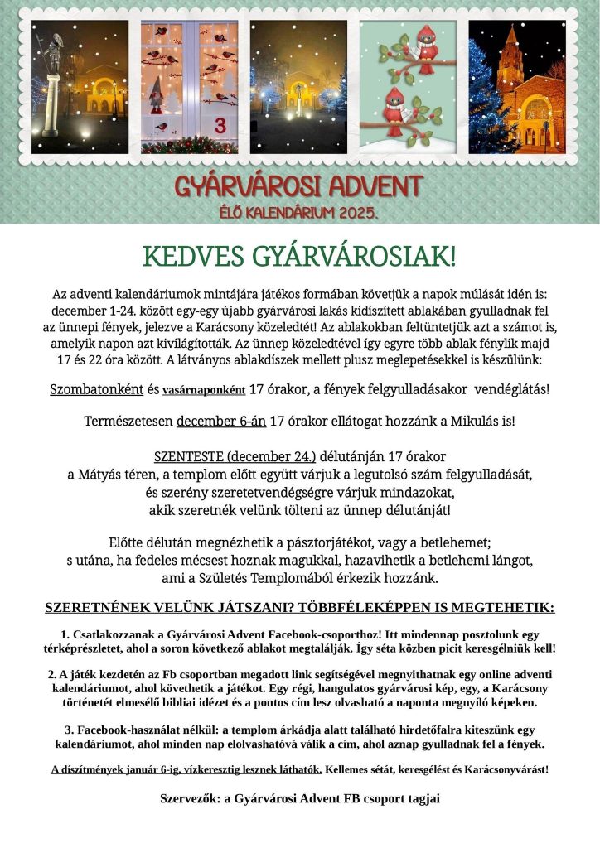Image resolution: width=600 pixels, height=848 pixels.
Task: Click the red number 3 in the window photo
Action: (220, 125)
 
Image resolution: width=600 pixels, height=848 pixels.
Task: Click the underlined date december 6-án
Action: (221, 421)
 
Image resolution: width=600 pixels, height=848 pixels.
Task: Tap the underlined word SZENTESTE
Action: (189, 456)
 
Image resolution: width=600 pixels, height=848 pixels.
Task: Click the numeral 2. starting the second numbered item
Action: (51, 674)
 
